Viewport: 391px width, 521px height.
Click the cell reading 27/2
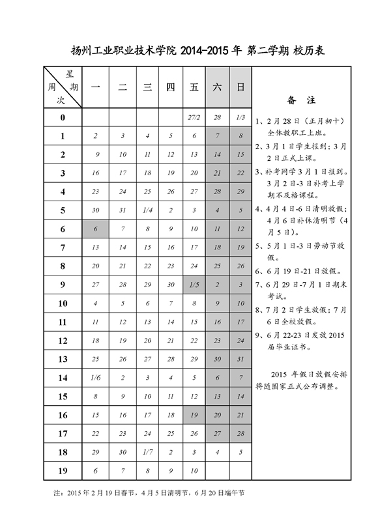click(x=194, y=117)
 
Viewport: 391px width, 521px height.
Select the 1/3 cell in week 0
click(x=240, y=117)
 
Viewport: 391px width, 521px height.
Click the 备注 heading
click(x=301, y=100)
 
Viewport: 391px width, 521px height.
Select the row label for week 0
click(x=63, y=117)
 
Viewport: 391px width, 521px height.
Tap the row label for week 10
click(x=63, y=303)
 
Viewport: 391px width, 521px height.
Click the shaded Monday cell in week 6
click(x=96, y=229)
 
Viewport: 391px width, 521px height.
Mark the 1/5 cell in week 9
click(x=194, y=285)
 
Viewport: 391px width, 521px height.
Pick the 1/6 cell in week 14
click(x=96, y=378)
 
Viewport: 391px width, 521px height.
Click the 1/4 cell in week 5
click(x=147, y=210)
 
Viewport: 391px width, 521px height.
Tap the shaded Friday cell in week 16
click(x=194, y=415)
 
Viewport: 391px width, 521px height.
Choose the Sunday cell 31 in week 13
click(x=240, y=359)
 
